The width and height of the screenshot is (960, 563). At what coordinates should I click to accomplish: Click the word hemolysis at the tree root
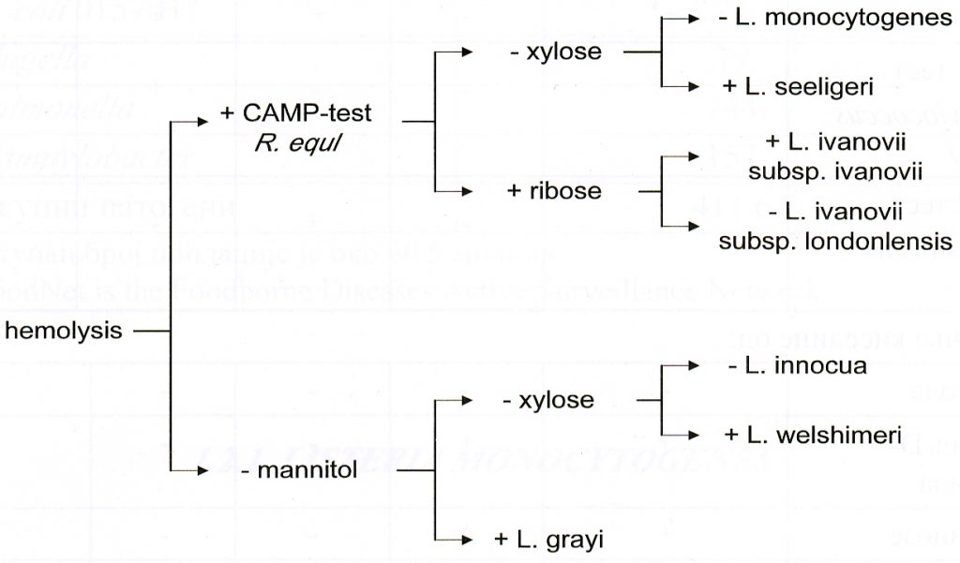tap(64, 331)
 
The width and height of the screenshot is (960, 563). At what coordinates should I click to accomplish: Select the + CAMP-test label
tap(295, 113)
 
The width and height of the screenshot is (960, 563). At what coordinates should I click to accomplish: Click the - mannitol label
tap(299, 471)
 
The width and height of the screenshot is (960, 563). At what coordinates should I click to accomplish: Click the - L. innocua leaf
tap(797, 366)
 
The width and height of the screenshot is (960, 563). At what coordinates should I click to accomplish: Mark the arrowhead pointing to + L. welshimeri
tap(697, 436)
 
